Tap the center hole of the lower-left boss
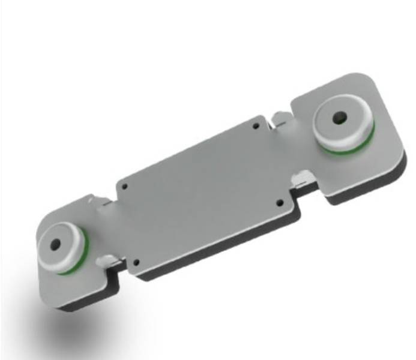pyautogui.click(x=55, y=244)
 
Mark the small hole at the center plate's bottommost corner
pyautogui.click(x=137, y=262)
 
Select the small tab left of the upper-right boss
pyautogui.click(x=279, y=118)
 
